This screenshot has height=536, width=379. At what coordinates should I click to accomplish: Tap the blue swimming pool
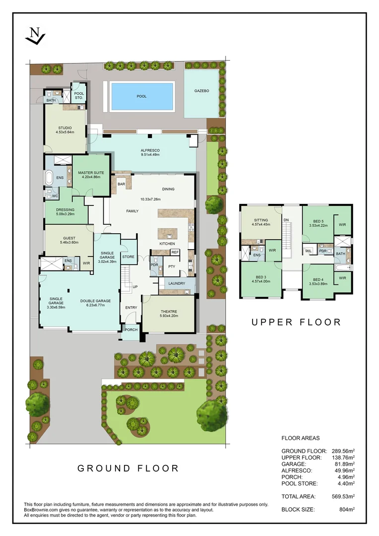pos(141,96)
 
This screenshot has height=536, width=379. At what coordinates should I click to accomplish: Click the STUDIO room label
pos(65,130)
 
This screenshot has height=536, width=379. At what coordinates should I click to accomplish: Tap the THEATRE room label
pos(168,311)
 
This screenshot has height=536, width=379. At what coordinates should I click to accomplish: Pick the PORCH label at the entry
pos(131,330)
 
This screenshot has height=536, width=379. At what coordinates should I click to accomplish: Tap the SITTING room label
pos(260,220)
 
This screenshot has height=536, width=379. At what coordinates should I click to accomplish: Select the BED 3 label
pos(260,277)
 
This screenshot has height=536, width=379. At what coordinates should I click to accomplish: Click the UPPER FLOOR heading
pos(296,322)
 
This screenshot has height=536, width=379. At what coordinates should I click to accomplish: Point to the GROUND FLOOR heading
pos(128,468)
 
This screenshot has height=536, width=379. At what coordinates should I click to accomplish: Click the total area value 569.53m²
pos(343,496)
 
